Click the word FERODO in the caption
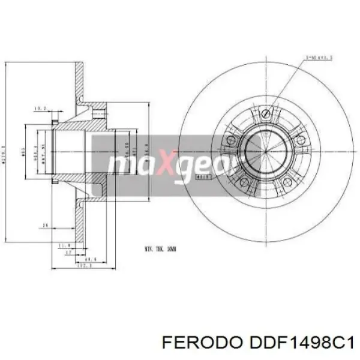[x=193, y=343]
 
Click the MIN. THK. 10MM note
[x=160, y=248]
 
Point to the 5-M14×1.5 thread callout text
[x=319, y=58]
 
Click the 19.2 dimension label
[x=40, y=109]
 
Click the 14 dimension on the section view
[x=44, y=226]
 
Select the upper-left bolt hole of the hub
[x=229, y=140]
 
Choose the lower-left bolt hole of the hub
[x=243, y=182]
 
